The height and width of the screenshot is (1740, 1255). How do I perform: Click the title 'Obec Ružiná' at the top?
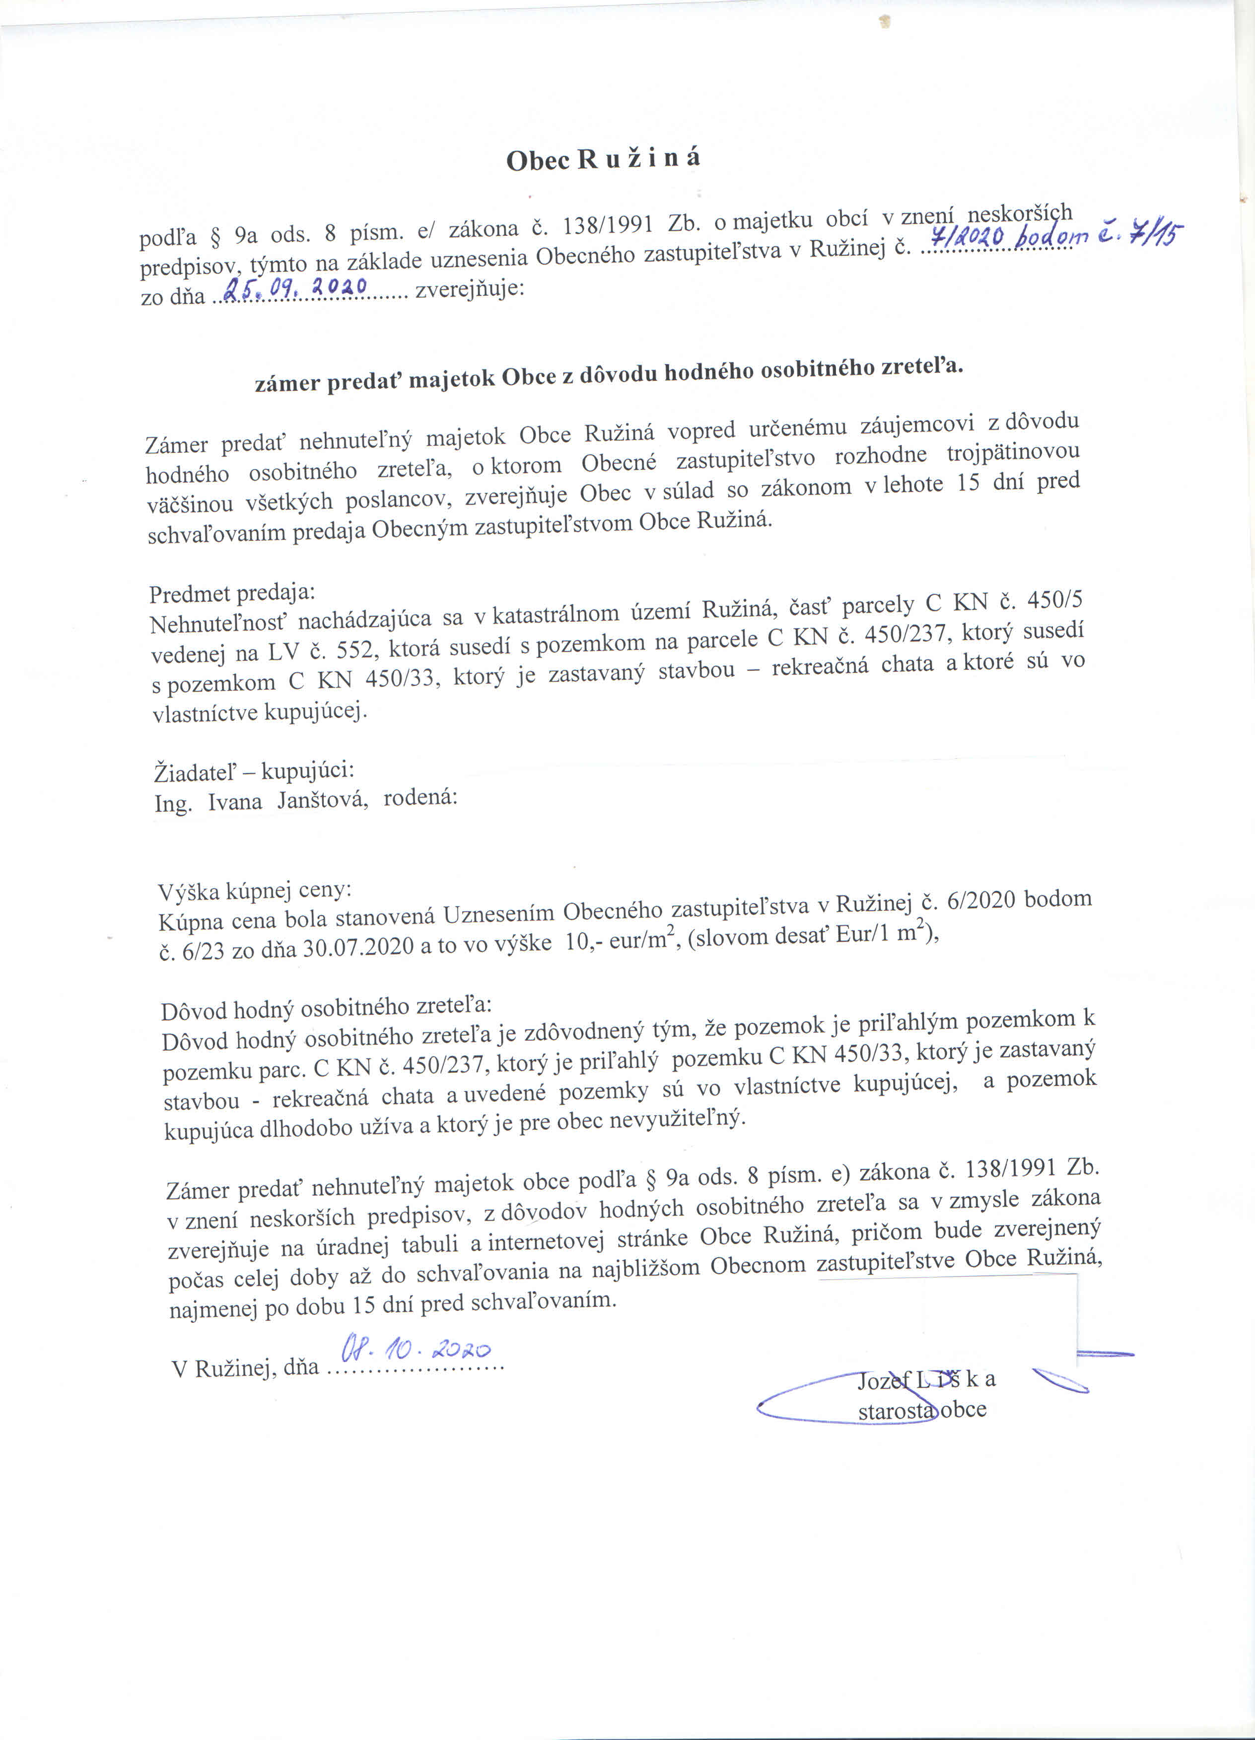coord(603,159)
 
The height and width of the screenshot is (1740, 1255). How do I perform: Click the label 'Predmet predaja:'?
coord(232,592)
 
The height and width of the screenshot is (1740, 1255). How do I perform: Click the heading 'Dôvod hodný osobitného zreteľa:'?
coord(326,1008)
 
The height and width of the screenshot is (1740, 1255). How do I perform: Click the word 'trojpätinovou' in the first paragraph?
coord(1013,452)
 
